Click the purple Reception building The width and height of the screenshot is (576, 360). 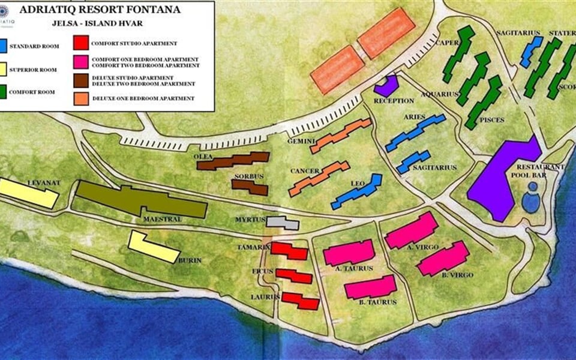pyautogui.click(x=386, y=86)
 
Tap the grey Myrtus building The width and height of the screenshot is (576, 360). pyautogui.click(x=282, y=223)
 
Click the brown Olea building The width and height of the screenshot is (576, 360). pyautogui.click(x=233, y=161)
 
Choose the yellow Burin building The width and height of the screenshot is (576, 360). pyautogui.click(x=154, y=247)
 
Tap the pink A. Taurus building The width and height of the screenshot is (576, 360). pyautogui.click(x=349, y=253)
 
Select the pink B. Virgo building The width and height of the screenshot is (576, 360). pyautogui.click(x=443, y=259)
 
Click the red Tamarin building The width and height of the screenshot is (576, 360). pyautogui.click(x=289, y=250)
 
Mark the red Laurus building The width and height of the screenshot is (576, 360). pyautogui.click(x=300, y=300)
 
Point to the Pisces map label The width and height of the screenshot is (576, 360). pyautogui.click(x=492, y=120)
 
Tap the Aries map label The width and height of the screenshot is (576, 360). pyautogui.click(x=415, y=116)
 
